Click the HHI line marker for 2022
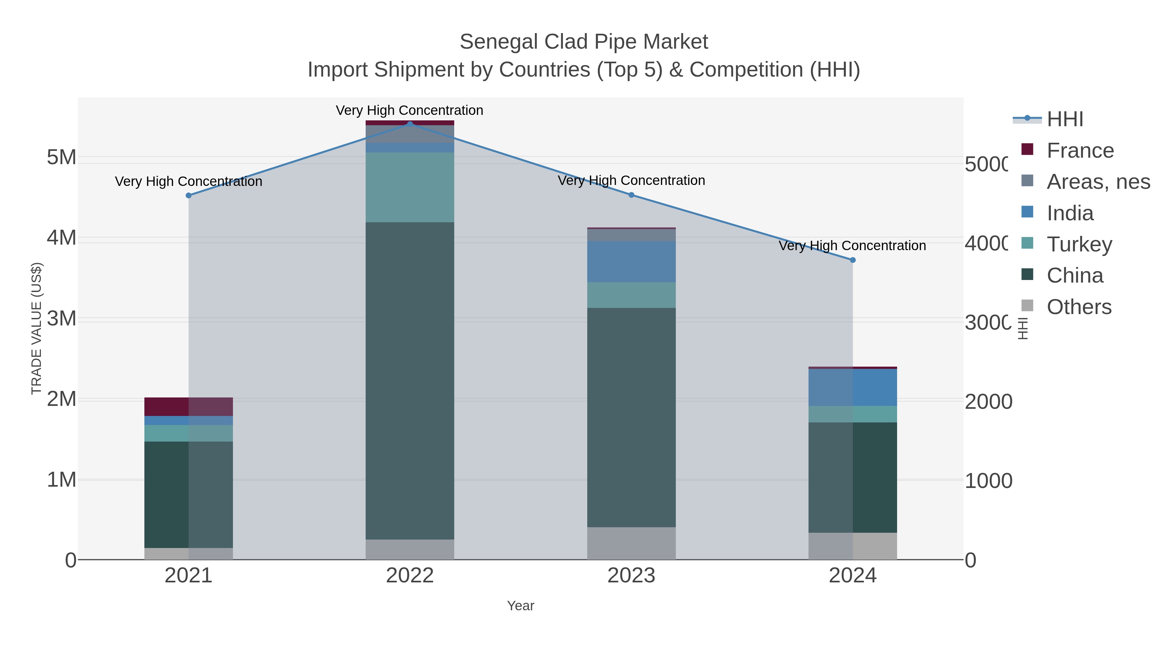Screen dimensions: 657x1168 click(410, 124)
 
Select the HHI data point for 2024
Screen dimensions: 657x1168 click(852, 260)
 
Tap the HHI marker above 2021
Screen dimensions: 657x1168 click(189, 195)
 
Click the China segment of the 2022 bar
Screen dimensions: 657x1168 click(410, 381)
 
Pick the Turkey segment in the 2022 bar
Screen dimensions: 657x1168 click(410, 187)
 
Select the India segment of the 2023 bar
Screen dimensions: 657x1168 click(631, 262)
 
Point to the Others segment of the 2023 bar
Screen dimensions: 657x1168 click(631, 543)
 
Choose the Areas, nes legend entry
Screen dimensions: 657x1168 click(1097, 182)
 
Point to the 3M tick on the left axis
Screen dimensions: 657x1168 click(62, 319)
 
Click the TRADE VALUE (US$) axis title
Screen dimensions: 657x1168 click(36, 328)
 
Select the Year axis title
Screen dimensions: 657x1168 click(520, 606)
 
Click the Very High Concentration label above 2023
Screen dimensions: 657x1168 click(631, 180)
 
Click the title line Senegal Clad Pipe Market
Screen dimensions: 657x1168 click(584, 42)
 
